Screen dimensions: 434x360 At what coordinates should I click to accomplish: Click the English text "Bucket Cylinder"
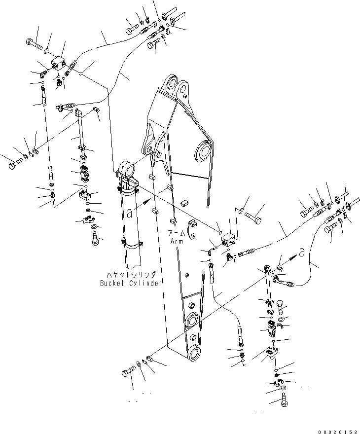tap(131, 283)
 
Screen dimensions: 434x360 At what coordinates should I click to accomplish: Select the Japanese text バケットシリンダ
tap(131, 274)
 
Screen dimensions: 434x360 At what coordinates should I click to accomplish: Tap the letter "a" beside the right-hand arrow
tap(308, 251)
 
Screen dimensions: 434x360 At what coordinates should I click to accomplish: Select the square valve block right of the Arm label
tap(228, 240)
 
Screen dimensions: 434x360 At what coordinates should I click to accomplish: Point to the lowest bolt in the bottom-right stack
tap(286, 402)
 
